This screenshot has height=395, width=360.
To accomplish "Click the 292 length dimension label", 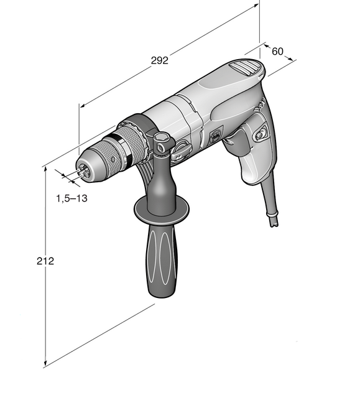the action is click(159, 60).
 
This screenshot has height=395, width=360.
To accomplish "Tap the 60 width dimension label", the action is click(277, 51).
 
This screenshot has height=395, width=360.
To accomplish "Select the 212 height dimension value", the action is click(45, 261).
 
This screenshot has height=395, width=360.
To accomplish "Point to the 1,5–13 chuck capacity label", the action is click(72, 198).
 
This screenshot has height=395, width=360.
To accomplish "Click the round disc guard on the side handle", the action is click(162, 208).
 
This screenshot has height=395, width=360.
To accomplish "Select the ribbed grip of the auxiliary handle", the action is click(162, 259).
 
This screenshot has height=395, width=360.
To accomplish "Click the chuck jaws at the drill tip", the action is click(83, 171).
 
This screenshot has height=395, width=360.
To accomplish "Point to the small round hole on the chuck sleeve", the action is click(113, 159).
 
